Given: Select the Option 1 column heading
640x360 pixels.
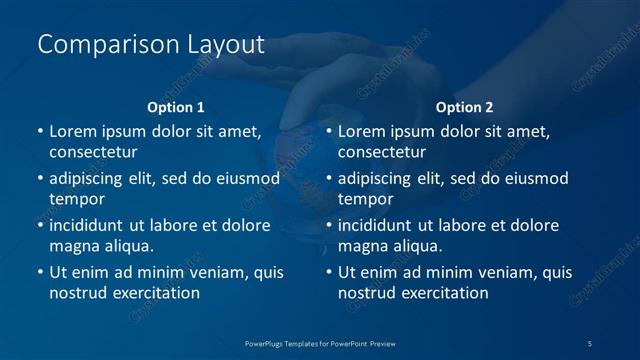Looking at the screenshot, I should click(x=176, y=107).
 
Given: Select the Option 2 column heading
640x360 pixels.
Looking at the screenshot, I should click(x=465, y=107).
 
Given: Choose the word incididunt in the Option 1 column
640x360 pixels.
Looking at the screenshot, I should click(x=92, y=225).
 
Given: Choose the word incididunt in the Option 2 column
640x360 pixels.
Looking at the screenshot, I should click(x=381, y=225).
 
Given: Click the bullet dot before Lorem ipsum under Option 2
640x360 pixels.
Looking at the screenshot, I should click(x=329, y=132).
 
